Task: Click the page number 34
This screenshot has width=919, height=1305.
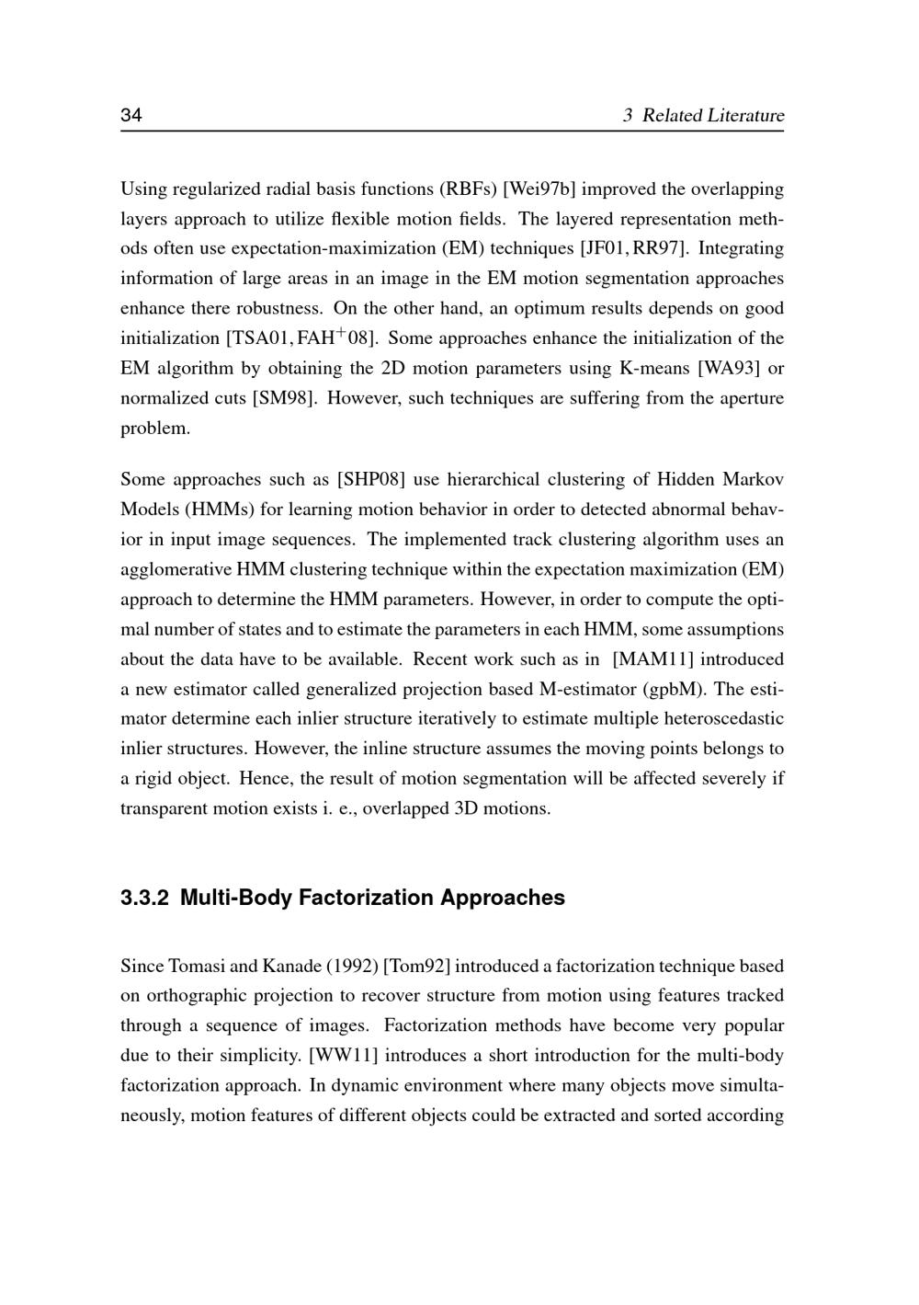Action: click(130, 115)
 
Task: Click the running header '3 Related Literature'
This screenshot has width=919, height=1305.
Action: click(703, 115)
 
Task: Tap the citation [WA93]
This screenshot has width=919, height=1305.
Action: click(729, 369)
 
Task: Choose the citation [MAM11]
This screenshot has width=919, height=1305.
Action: click(652, 659)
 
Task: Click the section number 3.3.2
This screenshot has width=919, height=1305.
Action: click(144, 898)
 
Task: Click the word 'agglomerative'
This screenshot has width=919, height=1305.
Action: click(176, 569)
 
